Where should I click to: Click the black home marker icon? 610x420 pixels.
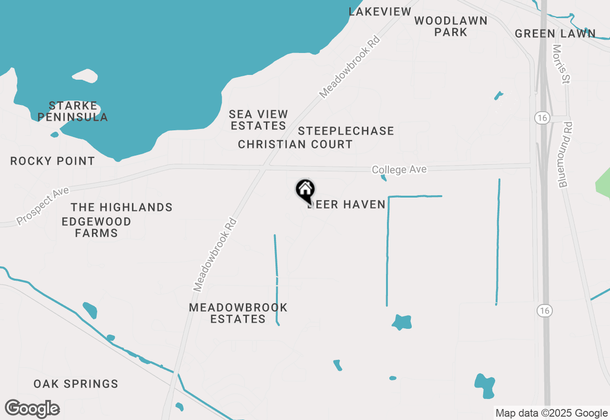click(x=305, y=190)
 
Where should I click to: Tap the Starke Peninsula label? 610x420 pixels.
click(x=73, y=111)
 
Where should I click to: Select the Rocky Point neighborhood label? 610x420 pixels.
click(x=52, y=161)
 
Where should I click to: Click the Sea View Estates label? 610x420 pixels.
click(x=258, y=120)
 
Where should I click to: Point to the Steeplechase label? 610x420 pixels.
click(x=346, y=131)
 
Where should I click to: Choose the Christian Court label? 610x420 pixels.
click(x=295, y=144)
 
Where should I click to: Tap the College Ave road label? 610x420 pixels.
click(x=399, y=169)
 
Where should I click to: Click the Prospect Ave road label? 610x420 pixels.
click(x=43, y=206)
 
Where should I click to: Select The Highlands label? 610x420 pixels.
click(x=122, y=207)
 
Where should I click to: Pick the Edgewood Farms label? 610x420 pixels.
click(x=97, y=227)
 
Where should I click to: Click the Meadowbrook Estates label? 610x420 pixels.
click(x=238, y=313)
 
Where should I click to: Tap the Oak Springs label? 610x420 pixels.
click(x=76, y=384)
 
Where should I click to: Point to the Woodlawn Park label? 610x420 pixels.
click(x=451, y=26)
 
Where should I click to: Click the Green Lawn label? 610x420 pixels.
click(x=555, y=33)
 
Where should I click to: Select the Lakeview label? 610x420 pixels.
click(x=380, y=11)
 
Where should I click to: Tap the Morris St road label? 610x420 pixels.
click(x=561, y=64)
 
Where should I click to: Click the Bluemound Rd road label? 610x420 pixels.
click(x=566, y=154)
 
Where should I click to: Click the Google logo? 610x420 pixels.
click(x=32, y=409)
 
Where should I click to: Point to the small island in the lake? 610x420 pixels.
click(x=85, y=76)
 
